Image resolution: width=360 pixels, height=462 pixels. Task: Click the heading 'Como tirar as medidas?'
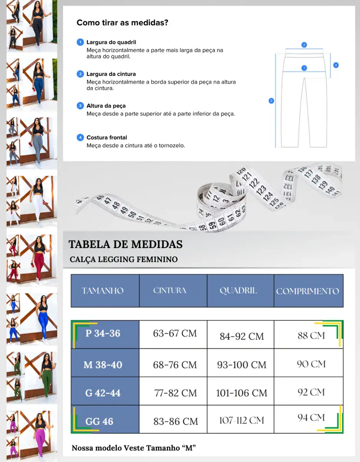tap(122, 23)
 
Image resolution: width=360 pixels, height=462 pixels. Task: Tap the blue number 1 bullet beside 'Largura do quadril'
tap(80, 42)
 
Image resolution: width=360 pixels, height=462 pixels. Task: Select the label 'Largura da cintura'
tap(111, 74)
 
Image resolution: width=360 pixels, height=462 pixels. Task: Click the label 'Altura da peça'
tap(106, 105)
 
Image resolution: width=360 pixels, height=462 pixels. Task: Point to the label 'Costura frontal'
tap(107, 137)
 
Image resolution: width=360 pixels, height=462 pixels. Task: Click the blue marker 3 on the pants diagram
tap(271, 101)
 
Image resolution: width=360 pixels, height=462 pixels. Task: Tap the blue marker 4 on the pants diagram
tap(336, 65)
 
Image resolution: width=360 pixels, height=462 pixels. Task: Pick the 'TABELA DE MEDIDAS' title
tap(126, 244)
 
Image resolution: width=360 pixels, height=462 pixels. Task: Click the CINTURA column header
tap(170, 290)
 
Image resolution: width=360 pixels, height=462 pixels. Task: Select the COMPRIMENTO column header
tap(308, 291)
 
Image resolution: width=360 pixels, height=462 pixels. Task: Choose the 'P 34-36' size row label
tap(103, 333)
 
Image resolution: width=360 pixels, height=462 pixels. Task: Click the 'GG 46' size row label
tap(99, 421)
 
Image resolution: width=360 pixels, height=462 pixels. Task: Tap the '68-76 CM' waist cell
tap(175, 364)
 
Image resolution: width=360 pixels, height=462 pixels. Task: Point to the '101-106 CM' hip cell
tap(241, 393)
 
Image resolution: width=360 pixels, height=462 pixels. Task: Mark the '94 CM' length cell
tap(311, 417)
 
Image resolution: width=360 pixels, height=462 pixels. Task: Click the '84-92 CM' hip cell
tap(242, 336)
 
